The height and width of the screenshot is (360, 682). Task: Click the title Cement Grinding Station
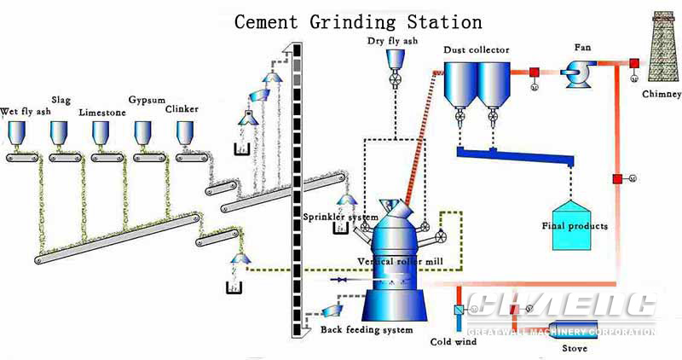(358, 21)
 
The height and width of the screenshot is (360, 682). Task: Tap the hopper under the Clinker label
(185, 132)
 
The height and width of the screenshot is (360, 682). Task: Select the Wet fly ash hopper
(17, 132)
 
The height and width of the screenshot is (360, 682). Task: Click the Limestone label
(102, 113)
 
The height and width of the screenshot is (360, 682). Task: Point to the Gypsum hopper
(143, 132)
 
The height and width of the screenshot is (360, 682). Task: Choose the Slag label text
(61, 100)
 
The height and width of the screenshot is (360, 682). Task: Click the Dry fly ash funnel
(396, 58)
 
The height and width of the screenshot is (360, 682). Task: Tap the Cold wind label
(452, 343)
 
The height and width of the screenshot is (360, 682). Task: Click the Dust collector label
(476, 49)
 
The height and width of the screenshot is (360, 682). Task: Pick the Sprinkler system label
(340, 218)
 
